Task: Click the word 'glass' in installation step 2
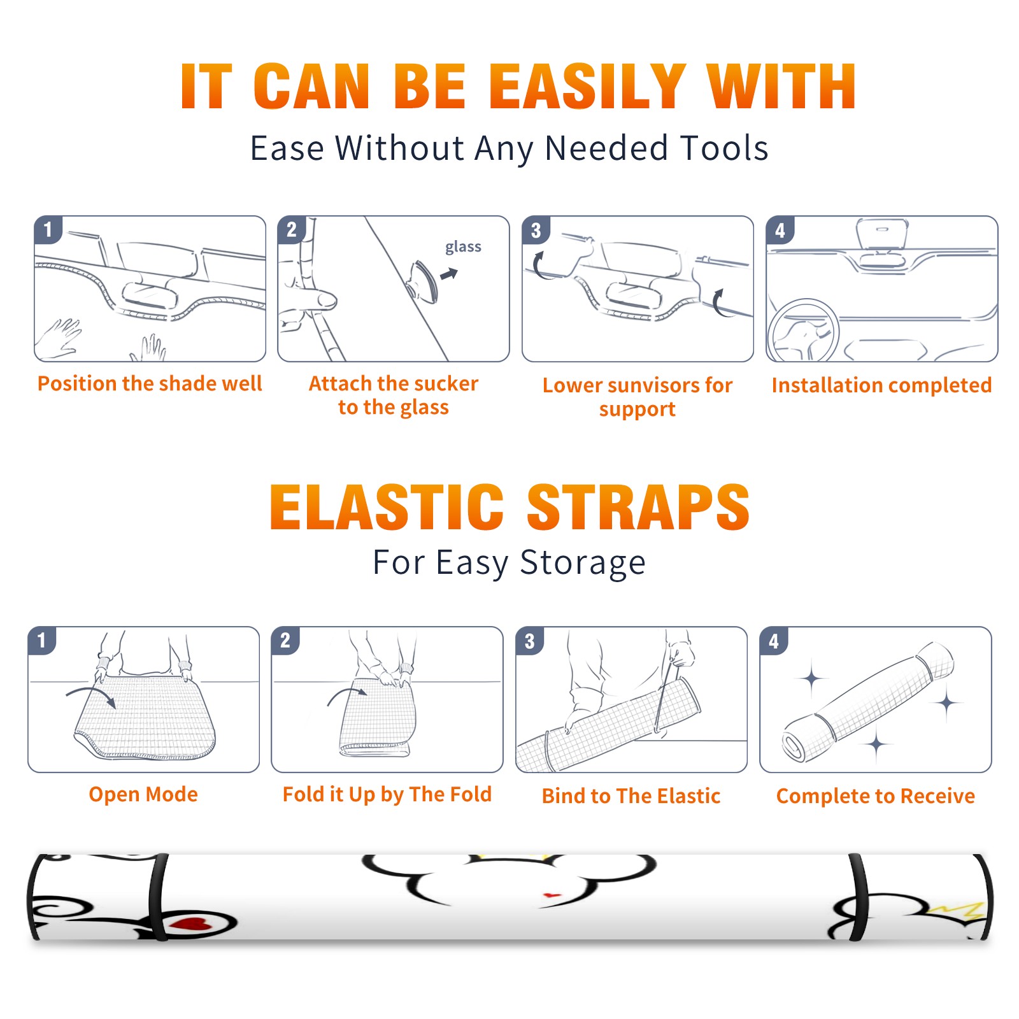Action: tap(463, 247)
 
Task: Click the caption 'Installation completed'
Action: tap(881, 385)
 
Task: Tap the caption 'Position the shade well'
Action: tap(150, 383)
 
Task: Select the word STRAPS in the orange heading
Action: tap(638, 507)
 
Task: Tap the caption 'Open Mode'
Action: tap(143, 794)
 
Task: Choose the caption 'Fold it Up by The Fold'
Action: tap(387, 795)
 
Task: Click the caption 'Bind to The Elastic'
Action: tap(631, 796)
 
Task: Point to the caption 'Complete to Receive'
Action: tap(876, 796)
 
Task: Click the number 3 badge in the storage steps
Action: tap(530, 641)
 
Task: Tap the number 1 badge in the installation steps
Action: tap(48, 229)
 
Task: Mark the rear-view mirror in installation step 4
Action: tap(881, 234)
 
